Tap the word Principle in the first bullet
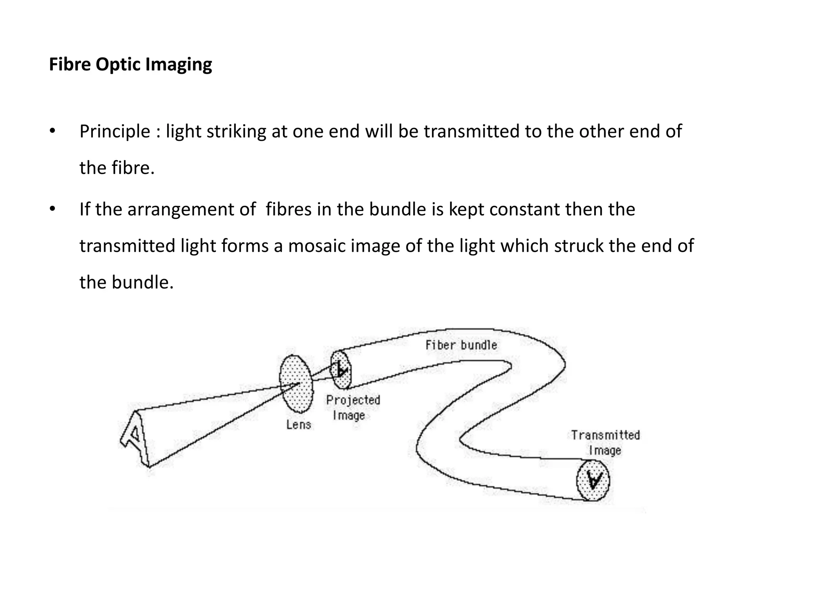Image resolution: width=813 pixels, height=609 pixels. tap(115, 132)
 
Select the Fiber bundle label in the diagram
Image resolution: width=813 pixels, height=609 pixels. tap(461, 345)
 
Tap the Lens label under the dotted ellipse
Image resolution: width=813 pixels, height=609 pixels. tap(299, 425)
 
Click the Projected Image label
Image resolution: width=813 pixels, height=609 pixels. tap(353, 408)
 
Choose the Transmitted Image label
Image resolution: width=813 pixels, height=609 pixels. tap(605, 442)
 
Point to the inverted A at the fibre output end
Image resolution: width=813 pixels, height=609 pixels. tap(593, 481)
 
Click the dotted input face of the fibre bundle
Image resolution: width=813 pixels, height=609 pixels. tap(341, 370)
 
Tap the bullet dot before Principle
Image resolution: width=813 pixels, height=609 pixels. tap(52, 131)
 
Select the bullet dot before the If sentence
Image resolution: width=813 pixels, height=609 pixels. tap(52, 209)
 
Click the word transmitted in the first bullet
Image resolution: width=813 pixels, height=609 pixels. tap(472, 132)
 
